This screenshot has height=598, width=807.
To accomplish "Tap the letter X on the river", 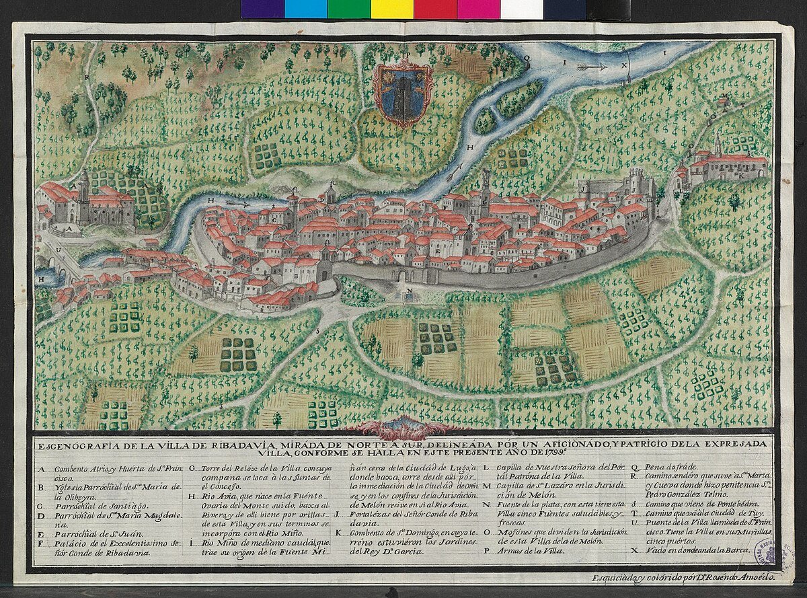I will pos(624,66).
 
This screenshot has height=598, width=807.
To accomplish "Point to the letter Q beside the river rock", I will pos(528,59).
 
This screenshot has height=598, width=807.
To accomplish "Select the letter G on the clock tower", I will pos(484,200).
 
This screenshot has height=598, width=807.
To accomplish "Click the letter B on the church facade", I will pos(296,276).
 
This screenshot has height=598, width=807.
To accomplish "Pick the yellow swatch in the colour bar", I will pos(391,9).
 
